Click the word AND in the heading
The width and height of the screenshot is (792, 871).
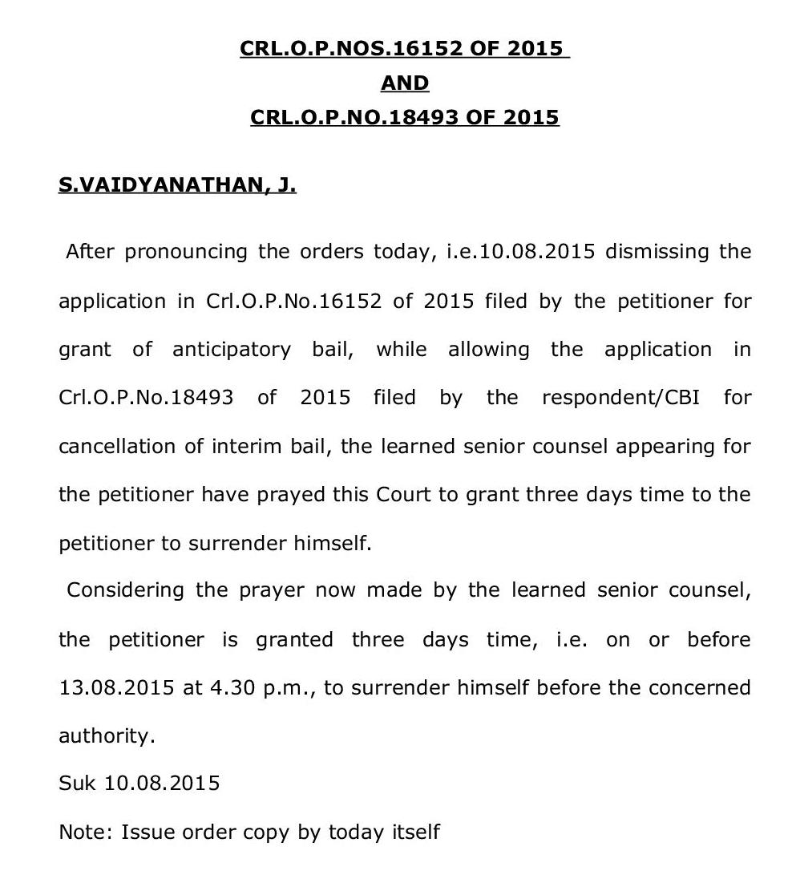coord(405,83)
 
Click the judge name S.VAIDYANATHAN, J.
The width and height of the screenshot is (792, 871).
coord(177,185)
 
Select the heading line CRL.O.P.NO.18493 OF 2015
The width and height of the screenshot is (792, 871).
coord(405,117)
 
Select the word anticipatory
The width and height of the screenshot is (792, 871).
coord(232,350)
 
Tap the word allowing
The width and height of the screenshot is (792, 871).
coord(488,350)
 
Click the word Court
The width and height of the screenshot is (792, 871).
coord(405,494)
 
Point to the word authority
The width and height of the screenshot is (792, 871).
coord(107,735)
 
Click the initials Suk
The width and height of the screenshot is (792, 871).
coord(77,783)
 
